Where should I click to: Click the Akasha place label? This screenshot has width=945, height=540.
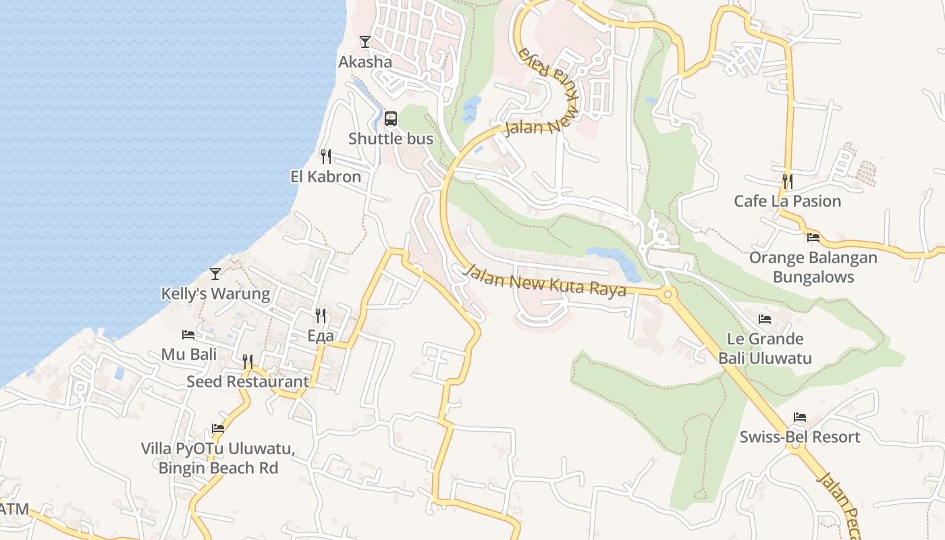[364, 62]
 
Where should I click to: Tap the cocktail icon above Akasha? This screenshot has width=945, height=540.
[365, 42]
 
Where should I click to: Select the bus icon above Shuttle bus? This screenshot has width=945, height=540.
[391, 119]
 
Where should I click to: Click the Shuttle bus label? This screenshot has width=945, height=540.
[391, 139]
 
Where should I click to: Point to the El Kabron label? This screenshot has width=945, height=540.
[325, 177]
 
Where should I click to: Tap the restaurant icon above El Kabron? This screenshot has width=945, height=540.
[326, 157]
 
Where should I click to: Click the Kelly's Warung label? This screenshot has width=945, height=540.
[215, 294]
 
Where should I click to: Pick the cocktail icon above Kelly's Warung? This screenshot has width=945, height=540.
[215, 273]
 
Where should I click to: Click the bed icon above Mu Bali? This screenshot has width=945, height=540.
[188, 334]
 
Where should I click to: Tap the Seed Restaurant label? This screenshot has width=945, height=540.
[248, 381]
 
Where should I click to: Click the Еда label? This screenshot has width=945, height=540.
[321, 335]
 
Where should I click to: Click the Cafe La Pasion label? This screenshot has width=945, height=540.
[788, 201]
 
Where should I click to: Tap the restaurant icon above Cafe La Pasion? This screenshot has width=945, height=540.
[787, 181]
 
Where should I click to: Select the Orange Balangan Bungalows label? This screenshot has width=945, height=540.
[813, 267]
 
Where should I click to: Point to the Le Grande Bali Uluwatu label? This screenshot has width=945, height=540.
[765, 348]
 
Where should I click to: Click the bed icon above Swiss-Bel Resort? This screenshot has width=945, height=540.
[800, 416]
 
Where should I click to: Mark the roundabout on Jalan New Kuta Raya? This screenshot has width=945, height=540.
[668, 294]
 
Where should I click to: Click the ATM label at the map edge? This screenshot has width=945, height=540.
[14, 508]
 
